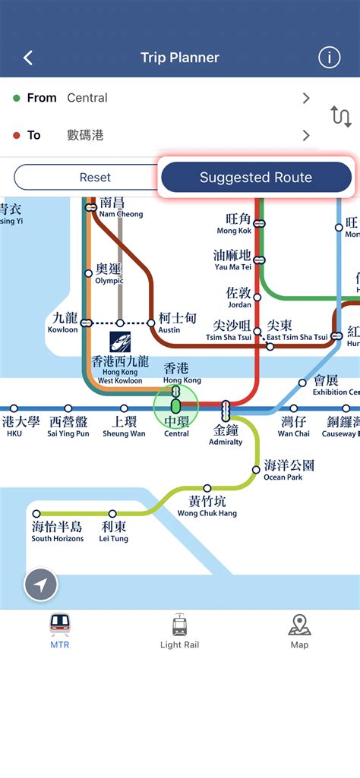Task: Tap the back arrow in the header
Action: coord(28,58)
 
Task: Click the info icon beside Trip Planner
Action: coord(329,58)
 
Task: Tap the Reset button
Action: coord(95,178)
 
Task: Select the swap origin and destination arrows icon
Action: coord(341,116)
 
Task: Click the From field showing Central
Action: coord(159,98)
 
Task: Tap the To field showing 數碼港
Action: coord(159,135)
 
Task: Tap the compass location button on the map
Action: coord(41,585)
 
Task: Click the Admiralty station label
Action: coord(226,435)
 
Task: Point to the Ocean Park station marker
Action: coord(256,470)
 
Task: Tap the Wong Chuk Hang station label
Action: coord(207,506)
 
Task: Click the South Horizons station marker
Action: coord(35,514)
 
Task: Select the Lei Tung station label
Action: coord(114,531)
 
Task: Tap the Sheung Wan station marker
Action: coord(124,409)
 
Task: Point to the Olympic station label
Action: coord(109,275)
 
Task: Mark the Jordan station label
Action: coord(238,297)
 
